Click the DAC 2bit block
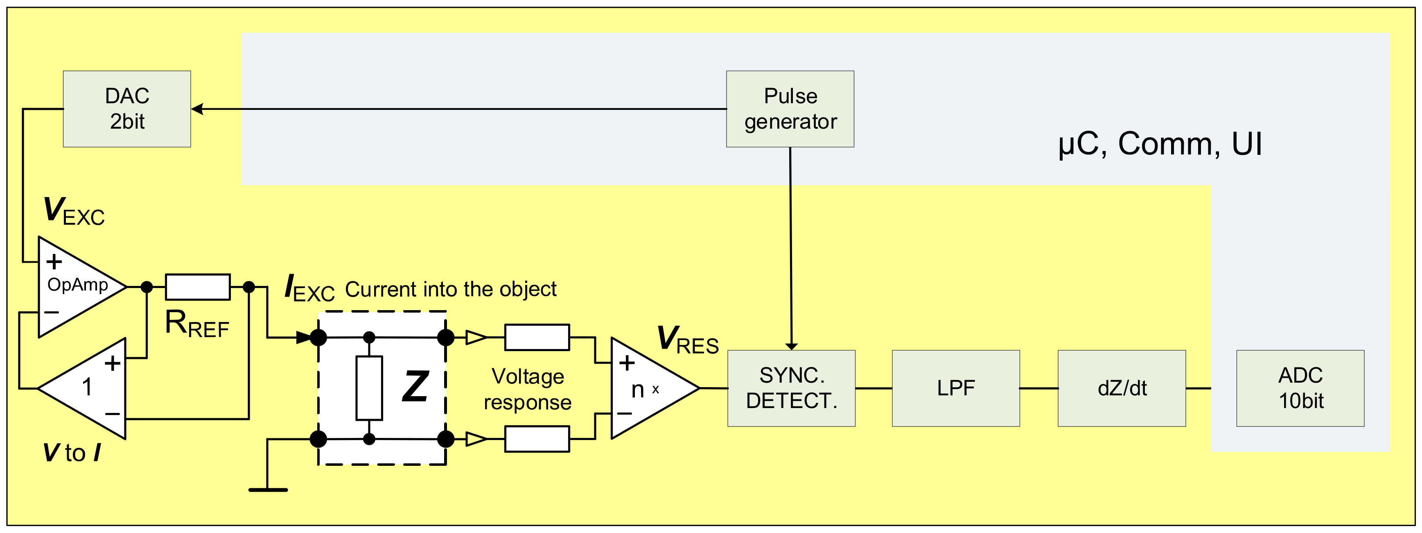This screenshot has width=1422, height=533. point(127,109)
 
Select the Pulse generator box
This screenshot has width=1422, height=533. point(790,109)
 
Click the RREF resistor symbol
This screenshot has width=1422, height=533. point(198,287)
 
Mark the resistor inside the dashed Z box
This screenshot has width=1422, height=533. point(369,388)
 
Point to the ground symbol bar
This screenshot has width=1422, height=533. point(268,489)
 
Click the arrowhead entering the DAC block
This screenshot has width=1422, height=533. point(197,109)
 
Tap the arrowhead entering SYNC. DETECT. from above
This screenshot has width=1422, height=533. point(791,346)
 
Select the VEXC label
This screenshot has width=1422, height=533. point(73,211)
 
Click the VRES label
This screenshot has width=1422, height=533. point(687,340)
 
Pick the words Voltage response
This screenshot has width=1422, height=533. point(527,389)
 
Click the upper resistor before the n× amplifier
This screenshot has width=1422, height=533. point(537,337)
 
